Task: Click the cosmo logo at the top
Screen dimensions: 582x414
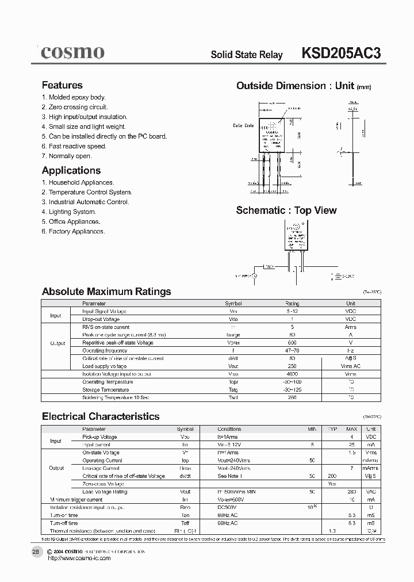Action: [x=72, y=52]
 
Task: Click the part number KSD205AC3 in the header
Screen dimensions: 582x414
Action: [x=340, y=53]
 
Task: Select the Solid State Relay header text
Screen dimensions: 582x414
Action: [x=247, y=55]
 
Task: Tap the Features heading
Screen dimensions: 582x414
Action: [x=62, y=85]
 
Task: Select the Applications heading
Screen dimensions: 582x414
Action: [x=71, y=170]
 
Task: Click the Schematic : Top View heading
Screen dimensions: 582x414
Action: [x=286, y=210]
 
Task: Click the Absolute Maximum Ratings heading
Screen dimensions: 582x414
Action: [x=106, y=292]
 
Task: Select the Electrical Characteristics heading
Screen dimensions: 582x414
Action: [x=101, y=416]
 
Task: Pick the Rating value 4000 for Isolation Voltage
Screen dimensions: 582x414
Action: [x=292, y=374]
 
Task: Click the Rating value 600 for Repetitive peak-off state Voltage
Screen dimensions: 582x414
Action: [x=292, y=343]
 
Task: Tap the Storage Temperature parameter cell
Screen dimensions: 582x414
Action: [x=108, y=389]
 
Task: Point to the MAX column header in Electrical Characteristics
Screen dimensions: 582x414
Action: [x=351, y=429]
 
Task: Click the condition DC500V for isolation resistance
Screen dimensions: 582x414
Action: [x=227, y=508]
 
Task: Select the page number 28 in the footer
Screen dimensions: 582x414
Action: [x=36, y=551]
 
